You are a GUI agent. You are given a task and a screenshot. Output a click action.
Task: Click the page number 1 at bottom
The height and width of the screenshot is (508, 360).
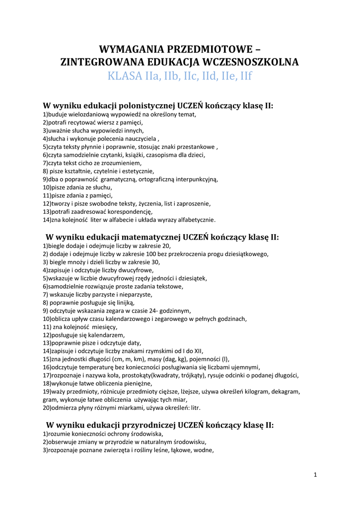coord(315,475)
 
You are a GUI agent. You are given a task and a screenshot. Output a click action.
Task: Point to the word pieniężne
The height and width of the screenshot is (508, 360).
coord(134,383)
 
